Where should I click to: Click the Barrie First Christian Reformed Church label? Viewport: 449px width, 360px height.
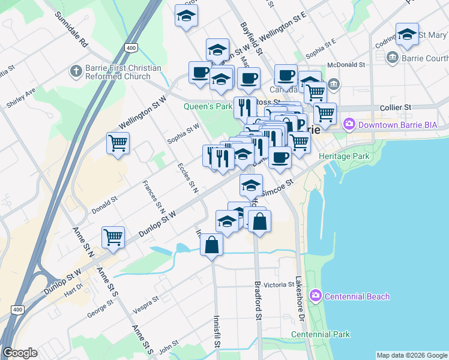(123, 72)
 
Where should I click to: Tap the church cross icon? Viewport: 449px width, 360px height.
(76, 72)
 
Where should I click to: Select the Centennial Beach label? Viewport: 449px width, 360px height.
(357, 296)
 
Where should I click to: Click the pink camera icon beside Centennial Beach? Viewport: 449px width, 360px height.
(315, 296)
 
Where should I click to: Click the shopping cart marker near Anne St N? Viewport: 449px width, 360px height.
(113, 238)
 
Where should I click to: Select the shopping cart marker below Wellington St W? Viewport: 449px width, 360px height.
(118, 143)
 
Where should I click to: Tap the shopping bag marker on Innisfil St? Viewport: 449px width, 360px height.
(211, 245)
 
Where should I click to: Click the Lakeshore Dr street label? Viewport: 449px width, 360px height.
(301, 297)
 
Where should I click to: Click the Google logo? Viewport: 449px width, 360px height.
(20, 353)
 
